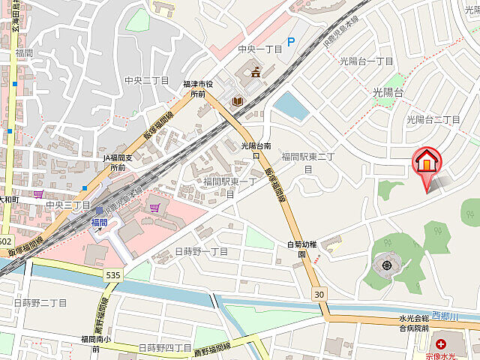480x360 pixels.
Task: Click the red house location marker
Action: click(426, 163)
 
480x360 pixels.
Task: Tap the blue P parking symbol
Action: click(292, 43)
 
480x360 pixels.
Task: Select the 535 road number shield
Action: click(112, 276)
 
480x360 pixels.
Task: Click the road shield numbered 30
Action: click(320, 294)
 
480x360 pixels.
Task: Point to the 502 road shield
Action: click(4, 241)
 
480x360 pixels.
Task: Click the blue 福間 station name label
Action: click(98, 223)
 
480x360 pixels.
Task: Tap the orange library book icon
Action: click(238, 100)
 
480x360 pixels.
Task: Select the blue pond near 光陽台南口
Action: click(292, 106)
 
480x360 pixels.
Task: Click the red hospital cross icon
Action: click(440, 343)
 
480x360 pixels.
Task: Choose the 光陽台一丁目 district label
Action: click(367, 61)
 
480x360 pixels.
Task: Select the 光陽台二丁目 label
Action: click(433, 119)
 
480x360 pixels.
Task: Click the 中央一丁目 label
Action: click(259, 49)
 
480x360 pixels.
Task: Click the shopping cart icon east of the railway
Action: click(154, 207)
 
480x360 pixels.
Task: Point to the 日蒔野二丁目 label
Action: click(40, 302)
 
